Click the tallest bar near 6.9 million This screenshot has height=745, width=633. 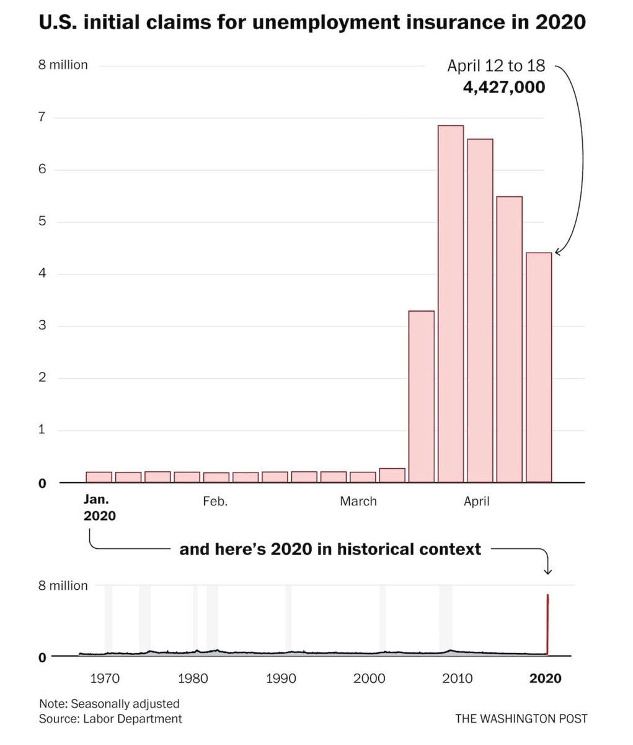451,304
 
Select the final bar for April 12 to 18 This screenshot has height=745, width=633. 539,367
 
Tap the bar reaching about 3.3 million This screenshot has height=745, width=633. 422,396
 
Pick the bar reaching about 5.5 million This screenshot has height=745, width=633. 509,339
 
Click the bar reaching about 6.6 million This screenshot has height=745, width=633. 480,310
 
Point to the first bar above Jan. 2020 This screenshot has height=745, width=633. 99,477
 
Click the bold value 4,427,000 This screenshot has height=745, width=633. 504,87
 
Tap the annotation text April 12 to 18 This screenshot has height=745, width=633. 496,65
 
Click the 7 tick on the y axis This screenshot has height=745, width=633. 42,117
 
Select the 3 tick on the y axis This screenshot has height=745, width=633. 42,325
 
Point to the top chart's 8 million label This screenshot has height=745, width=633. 63,65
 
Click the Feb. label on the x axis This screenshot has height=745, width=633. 215,501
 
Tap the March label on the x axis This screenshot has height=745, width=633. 358,501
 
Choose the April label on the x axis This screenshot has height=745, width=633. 476,501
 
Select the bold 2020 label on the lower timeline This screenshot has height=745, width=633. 545,679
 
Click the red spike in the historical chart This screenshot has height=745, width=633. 547,624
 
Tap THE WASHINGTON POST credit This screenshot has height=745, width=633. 521,719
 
